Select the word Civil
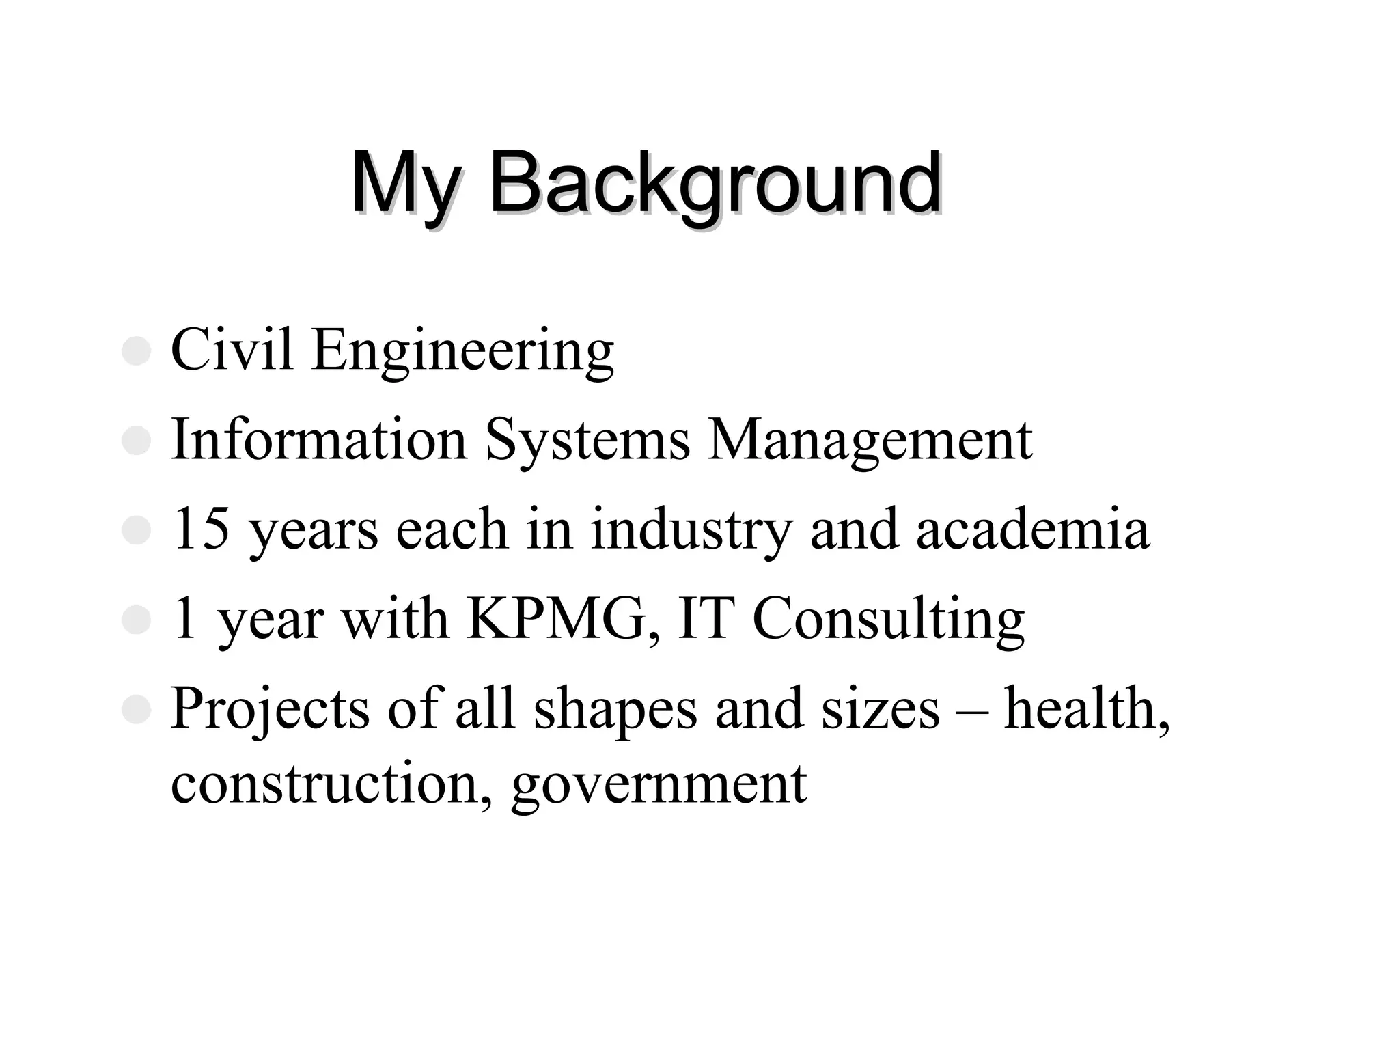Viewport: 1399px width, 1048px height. pos(232,350)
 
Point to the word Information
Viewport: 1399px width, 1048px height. pos(319,439)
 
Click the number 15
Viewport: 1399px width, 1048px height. pos(201,529)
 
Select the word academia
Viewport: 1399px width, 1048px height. pos(1033,529)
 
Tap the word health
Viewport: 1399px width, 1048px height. pos(1087,709)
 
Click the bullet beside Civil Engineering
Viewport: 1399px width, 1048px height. pos(136,351)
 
